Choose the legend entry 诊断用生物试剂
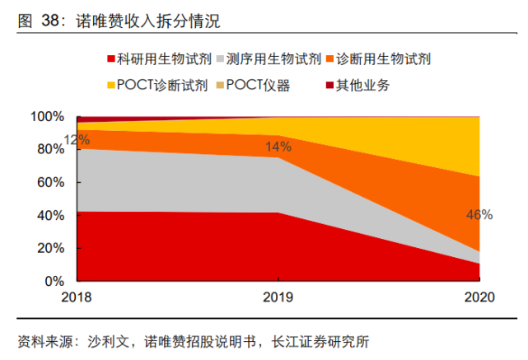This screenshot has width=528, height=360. coord(386,58)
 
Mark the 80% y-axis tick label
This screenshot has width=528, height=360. coord(50,150)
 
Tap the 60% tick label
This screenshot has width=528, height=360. coord(50,183)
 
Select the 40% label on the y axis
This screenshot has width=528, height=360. coord(50,216)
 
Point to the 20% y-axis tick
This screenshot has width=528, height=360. coord(50,248)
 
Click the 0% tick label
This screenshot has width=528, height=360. coord(54,281)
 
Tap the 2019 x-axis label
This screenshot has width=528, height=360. coord(278,297)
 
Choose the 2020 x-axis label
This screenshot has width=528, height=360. coord(479,297)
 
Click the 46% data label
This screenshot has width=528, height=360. coord(479,215)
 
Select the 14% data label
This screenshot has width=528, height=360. coord(278,147)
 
